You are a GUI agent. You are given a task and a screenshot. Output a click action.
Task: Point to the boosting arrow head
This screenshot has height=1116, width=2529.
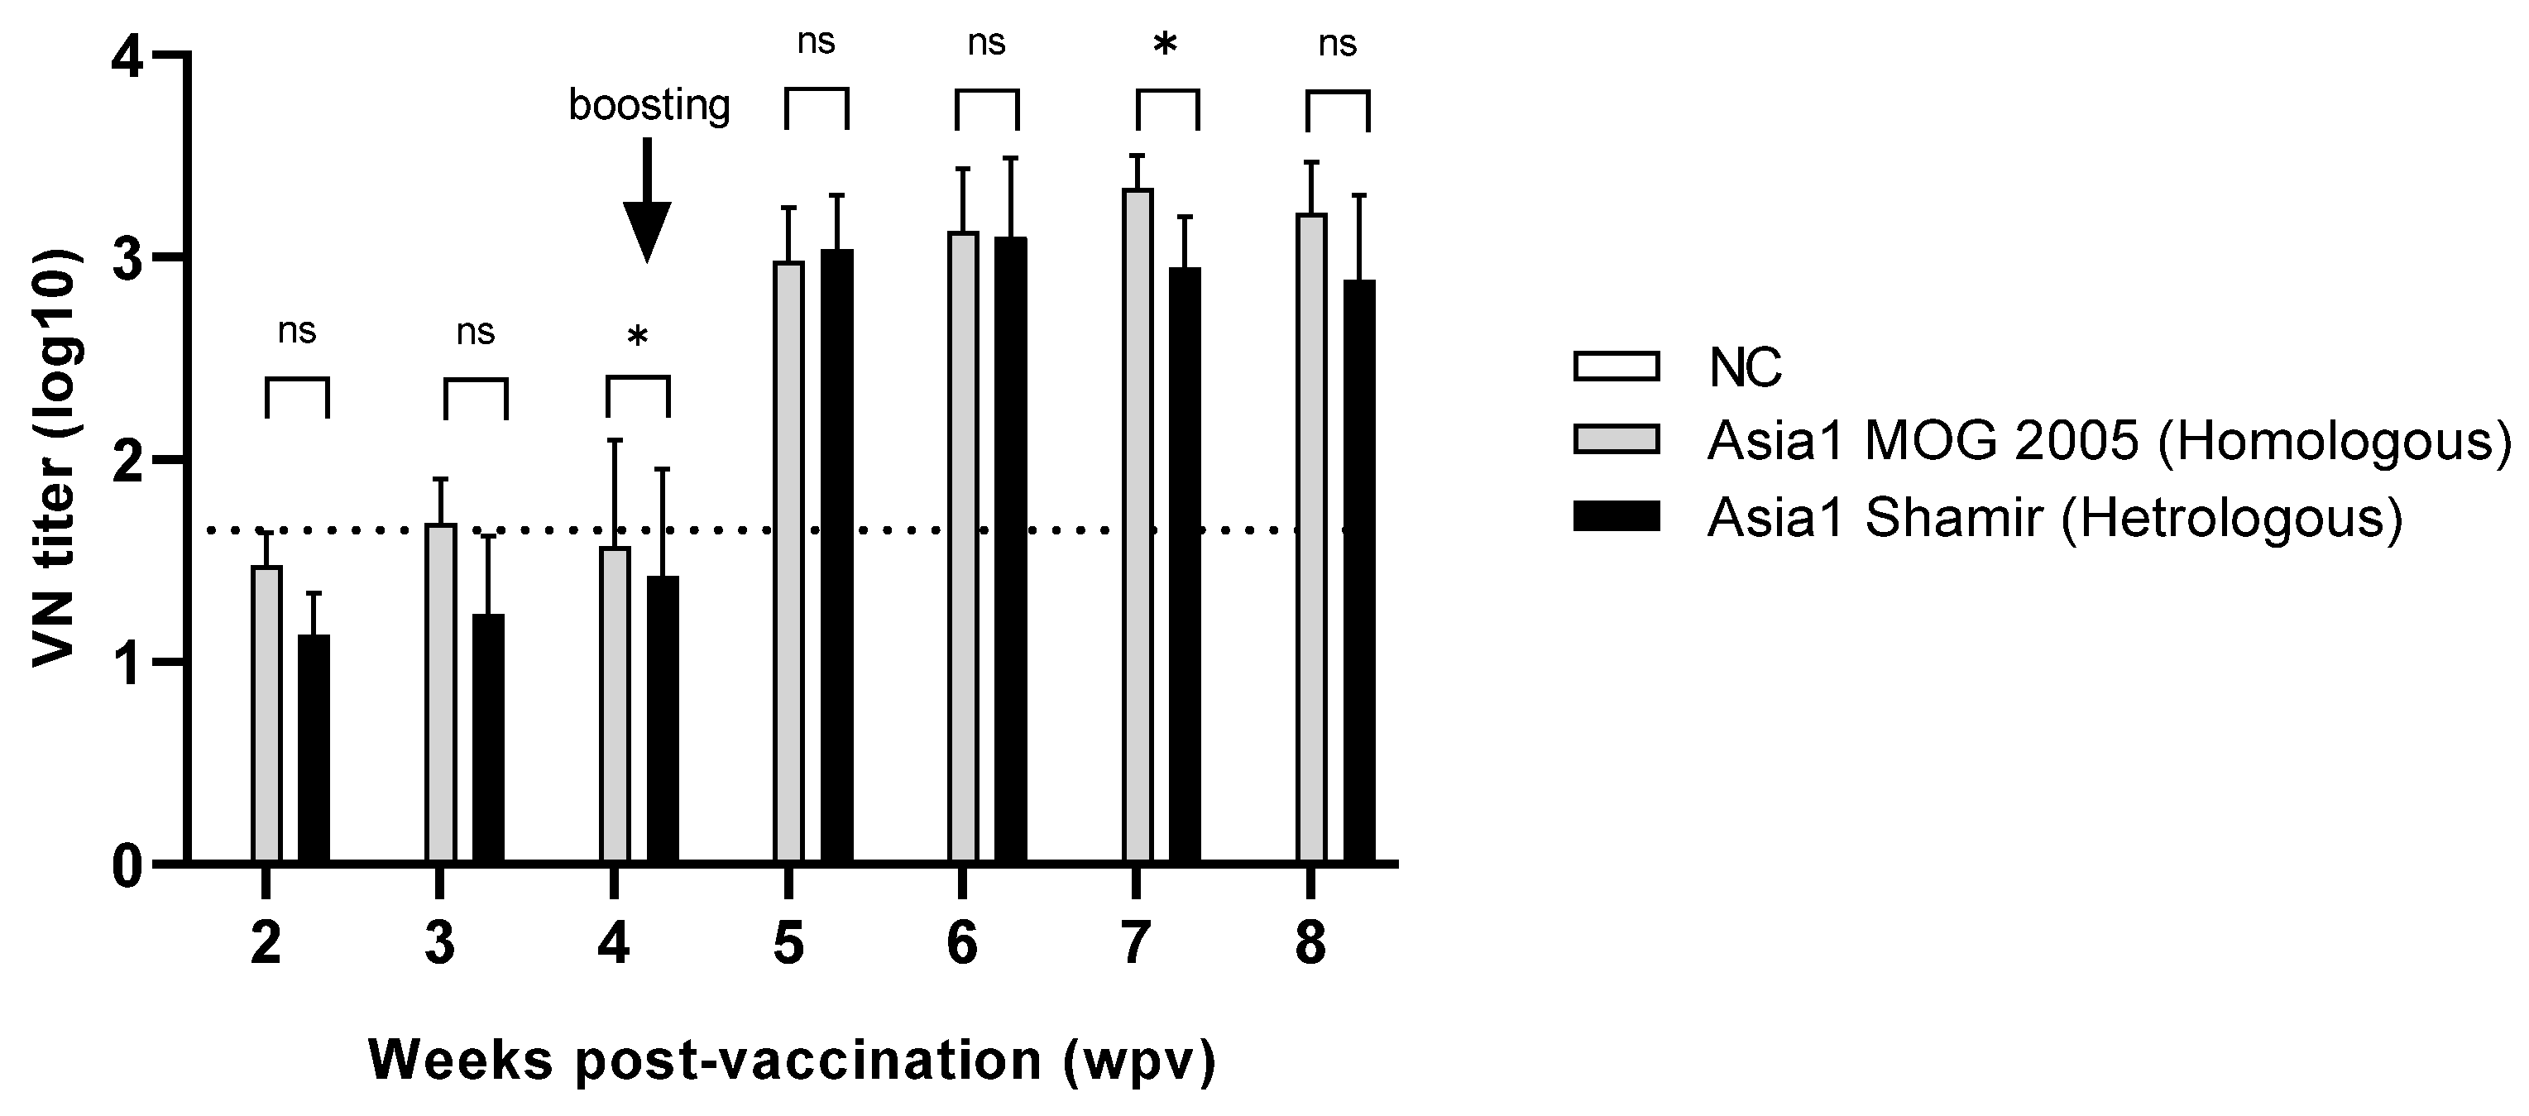click(647, 231)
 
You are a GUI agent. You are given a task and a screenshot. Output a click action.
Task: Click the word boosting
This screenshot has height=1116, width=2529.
click(649, 105)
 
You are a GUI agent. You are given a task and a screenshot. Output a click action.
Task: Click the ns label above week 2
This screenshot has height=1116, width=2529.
click(296, 332)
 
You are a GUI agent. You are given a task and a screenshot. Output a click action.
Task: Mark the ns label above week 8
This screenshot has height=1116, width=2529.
click(1337, 44)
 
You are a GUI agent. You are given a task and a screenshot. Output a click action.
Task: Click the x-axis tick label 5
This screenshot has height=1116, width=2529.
click(788, 943)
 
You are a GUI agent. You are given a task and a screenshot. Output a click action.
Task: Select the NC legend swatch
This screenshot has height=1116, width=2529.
click(1616, 366)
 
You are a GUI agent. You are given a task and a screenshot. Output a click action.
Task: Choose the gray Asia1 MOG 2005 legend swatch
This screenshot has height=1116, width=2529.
click(1616, 441)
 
